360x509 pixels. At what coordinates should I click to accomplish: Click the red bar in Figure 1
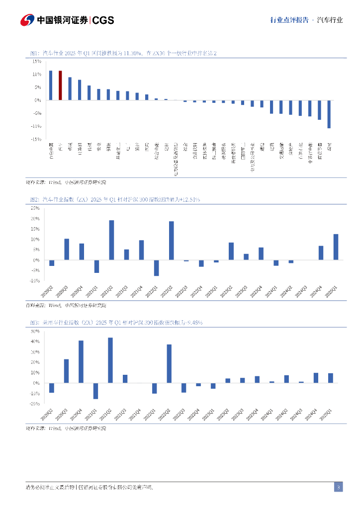tap(60, 85)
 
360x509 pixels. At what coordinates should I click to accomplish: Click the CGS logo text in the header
tap(103, 20)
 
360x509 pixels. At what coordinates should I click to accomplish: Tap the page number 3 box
tap(338, 487)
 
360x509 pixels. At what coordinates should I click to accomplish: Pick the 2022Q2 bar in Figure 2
tap(171, 241)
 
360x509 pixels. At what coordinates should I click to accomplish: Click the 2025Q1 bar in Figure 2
tap(336, 247)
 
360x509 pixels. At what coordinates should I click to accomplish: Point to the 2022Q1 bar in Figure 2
tap(156, 267)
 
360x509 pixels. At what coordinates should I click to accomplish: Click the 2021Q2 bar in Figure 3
tap(110, 360)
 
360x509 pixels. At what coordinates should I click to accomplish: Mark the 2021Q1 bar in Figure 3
tap(95, 391)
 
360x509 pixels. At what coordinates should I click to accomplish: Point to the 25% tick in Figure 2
tap(35, 208)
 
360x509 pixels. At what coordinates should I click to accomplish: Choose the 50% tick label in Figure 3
tap(35, 331)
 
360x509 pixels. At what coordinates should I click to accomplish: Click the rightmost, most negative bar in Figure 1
tap(329, 114)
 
